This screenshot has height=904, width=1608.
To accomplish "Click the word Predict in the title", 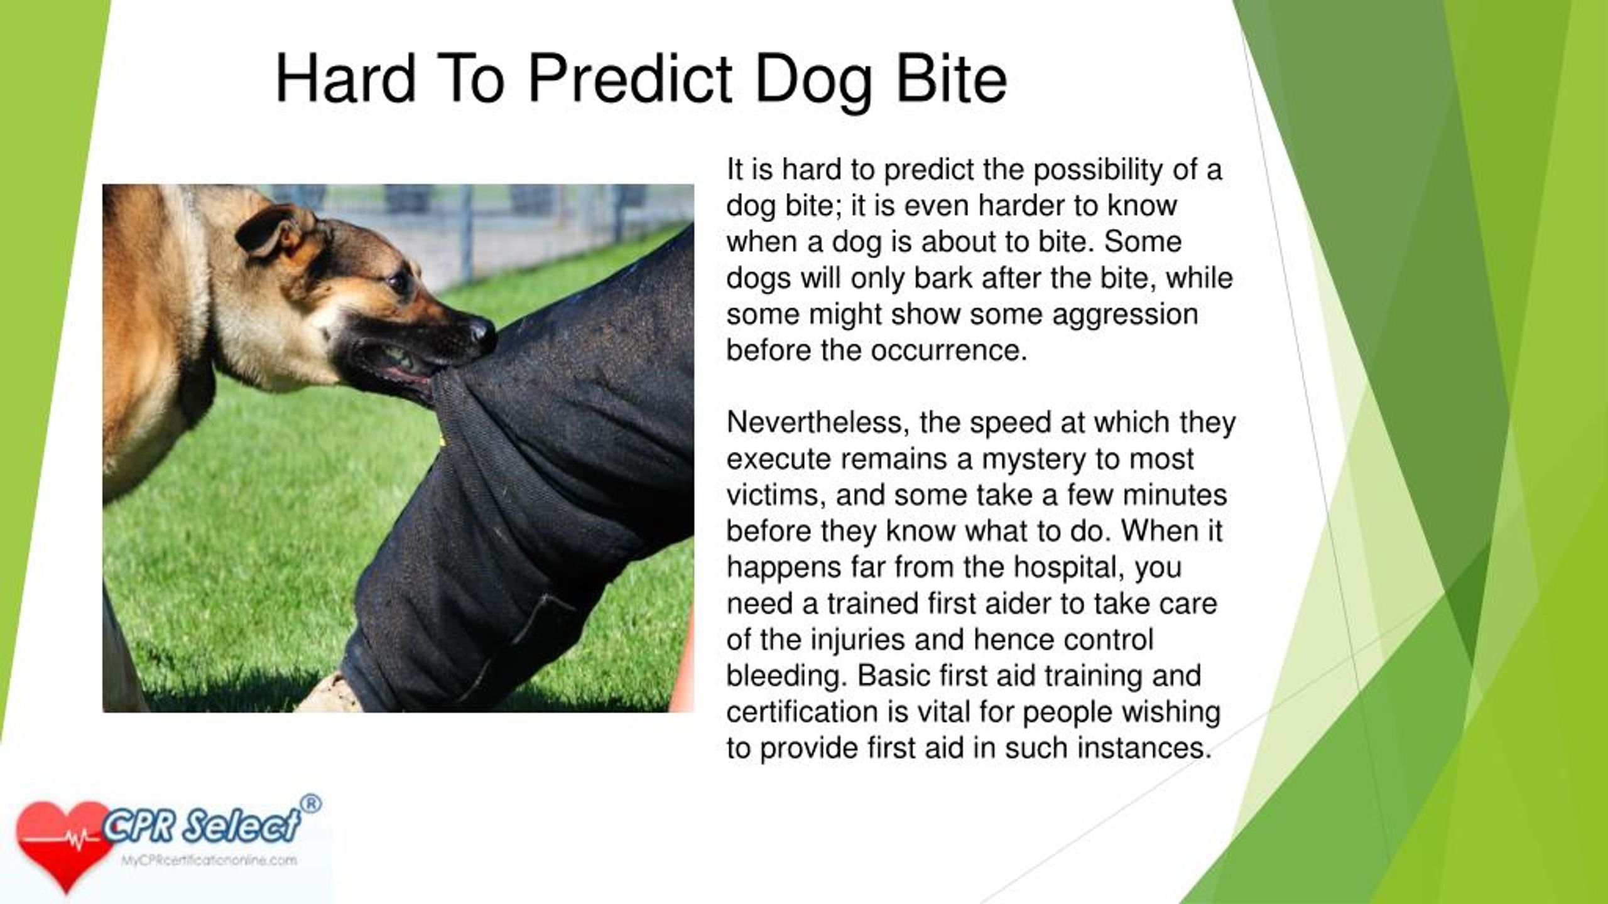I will click(630, 80).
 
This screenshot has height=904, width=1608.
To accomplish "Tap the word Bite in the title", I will click(952, 80).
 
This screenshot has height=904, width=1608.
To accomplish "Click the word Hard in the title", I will click(346, 80).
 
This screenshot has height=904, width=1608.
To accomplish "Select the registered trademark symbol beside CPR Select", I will click(310, 804).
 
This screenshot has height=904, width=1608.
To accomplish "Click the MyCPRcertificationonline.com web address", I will click(209, 861).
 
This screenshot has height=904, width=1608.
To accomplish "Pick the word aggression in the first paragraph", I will click(1125, 315).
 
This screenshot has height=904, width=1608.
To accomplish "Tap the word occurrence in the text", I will click(948, 350).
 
